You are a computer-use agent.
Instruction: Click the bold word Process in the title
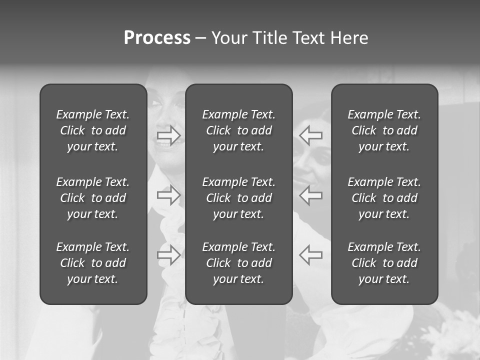[157, 38]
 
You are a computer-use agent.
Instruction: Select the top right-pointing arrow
[168, 135]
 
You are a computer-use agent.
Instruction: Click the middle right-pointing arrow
[168, 195]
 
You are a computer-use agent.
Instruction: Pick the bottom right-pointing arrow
[168, 254]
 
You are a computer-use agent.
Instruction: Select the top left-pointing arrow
[311, 135]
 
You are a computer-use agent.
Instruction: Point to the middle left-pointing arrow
[311, 195]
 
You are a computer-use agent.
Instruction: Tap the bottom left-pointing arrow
[311, 254]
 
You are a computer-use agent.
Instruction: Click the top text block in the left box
[93, 130]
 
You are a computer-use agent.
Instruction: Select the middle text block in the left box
[93, 198]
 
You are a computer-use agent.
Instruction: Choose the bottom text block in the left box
[93, 263]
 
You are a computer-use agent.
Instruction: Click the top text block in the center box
[238, 130]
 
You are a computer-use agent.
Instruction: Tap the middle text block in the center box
[238, 198]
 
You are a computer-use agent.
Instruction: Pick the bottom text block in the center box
[238, 263]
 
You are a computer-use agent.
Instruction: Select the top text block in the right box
[384, 130]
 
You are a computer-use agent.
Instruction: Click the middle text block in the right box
[384, 198]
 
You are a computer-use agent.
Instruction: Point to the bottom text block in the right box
[384, 263]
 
